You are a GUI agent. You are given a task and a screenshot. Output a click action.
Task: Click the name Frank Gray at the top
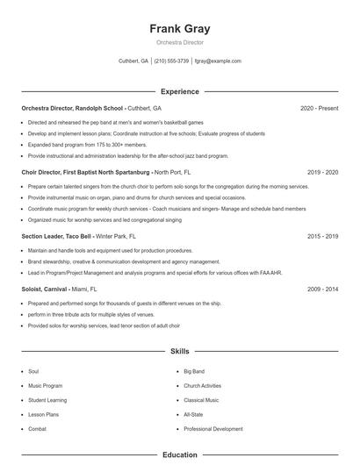click(x=180, y=29)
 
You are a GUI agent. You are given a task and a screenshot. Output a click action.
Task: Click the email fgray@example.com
click(x=218, y=61)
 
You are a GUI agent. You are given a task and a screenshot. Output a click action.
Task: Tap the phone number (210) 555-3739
click(x=171, y=61)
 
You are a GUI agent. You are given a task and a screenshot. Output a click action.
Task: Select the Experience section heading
click(x=180, y=91)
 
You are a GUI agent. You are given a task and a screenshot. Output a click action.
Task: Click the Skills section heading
click(x=180, y=351)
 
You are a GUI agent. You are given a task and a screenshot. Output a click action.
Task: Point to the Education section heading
click(x=180, y=455)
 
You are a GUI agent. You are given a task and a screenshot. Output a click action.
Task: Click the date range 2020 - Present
click(x=319, y=108)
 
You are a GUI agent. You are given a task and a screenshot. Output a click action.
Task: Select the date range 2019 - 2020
click(x=322, y=172)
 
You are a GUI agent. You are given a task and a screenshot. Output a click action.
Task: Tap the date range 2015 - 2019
click(x=322, y=236)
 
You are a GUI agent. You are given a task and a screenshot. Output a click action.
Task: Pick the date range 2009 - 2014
click(x=322, y=288)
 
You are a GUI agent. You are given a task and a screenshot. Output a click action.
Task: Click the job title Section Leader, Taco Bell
click(x=56, y=236)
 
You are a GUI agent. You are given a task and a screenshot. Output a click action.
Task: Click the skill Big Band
click(x=194, y=371)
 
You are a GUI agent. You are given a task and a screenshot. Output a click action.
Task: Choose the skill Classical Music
click(x=202, y=399)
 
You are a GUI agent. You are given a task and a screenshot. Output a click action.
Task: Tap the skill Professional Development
click(x=213, y=428)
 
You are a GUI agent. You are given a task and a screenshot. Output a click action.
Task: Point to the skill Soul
click(x=33, y=371)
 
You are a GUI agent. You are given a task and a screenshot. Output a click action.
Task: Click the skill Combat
click(x=37, y=428)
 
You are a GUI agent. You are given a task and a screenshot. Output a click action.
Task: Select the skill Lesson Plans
click(x=42, y=413)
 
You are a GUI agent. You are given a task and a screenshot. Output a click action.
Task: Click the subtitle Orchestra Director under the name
click(x=180, y=42)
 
